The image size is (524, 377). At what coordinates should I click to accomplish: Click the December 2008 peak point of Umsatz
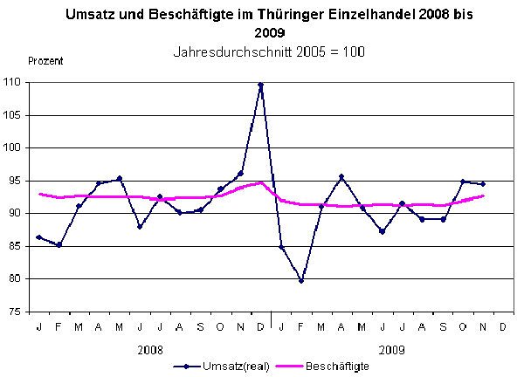pos(261,84)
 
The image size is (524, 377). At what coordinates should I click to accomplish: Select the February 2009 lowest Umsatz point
pos(301,281)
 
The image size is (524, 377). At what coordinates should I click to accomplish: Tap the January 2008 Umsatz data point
pos(38,236)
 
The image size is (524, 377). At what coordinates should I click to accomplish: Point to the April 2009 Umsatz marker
pos(341,176)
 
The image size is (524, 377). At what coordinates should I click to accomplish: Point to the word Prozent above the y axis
pos(45,60)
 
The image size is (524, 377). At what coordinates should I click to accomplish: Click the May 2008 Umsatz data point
pos(120,178)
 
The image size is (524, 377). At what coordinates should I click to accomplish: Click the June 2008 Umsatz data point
pos(140,227)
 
